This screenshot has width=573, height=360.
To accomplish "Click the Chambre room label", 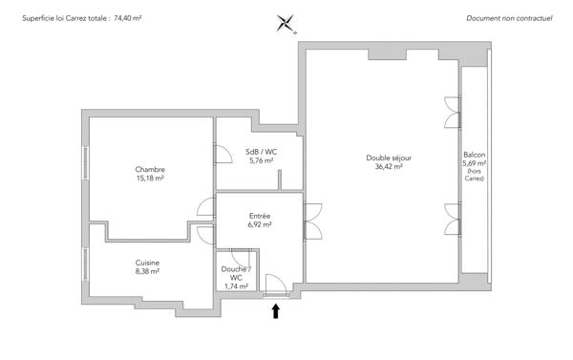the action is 150,170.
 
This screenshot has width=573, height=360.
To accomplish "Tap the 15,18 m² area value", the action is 150,179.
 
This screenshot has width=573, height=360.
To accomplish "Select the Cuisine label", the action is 147,263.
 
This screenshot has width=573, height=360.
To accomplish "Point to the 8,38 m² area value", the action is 147,271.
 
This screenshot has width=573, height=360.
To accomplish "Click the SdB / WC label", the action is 261,152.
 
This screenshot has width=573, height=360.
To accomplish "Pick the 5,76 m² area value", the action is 261,160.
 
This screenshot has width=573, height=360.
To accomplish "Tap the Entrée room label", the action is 260,216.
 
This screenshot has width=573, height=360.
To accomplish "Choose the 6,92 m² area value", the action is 260,224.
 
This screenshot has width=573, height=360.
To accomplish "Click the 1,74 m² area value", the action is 236,286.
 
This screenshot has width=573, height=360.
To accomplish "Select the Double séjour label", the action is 389,158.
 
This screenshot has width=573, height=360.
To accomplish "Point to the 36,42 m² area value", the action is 389,166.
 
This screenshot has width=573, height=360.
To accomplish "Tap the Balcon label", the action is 475,155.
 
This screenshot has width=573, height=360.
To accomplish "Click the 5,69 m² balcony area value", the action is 475,163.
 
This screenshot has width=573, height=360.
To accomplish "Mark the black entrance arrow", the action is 276,309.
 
